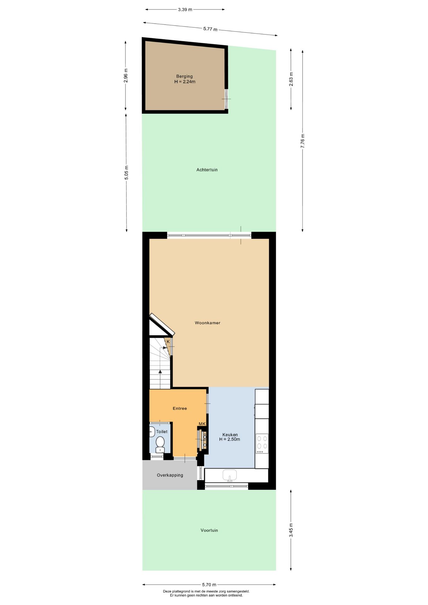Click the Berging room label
click(x=184, y=76)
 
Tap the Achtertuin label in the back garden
click(x=207, y=170)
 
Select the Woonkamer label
click(x=207, y=323)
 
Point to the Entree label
click(x=180, y=408)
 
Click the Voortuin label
click(x=209, y=530)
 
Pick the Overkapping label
click(x=170, y=475)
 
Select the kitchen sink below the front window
click(x=229, y=475)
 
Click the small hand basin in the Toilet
click(x=152, y=432)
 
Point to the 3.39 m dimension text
click(x=185, y=9)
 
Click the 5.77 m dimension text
click(x=210, y=29)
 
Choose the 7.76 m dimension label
click(x=303, y=141)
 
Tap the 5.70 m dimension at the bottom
click(x=209, y=585)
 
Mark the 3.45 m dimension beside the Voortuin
click(x=291, y=530)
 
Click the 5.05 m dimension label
click(x=126, y=173)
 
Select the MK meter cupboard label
click(x=202, y=424)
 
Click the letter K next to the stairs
click(x=168, y=342)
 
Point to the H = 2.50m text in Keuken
click(x=229, y=439)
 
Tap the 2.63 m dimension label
click(x=291, y=79)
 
